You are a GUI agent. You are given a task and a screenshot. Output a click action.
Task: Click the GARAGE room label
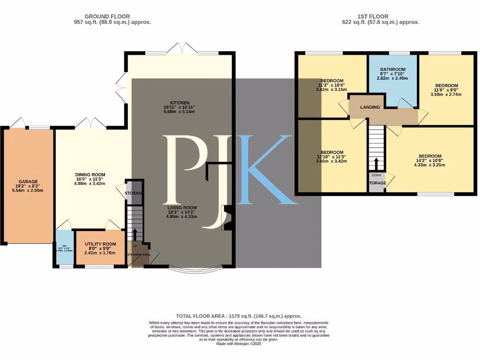tap(28, 181)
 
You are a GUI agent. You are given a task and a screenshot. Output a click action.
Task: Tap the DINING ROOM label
tap(90, 174)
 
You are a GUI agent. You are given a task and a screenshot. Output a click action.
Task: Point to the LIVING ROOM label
tap(182, 207)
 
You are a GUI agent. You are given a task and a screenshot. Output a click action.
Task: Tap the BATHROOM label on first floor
tap(393, 69)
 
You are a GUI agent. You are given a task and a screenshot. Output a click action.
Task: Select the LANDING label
tap(370, 107)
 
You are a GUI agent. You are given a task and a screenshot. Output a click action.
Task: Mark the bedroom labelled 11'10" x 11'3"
tap(332, 152)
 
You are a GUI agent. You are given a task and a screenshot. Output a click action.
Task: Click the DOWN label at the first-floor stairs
tap(376, 175)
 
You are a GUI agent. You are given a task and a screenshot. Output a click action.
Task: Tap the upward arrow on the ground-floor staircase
tap(135, 233)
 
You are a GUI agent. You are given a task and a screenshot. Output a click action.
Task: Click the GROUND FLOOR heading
tap(107, 16)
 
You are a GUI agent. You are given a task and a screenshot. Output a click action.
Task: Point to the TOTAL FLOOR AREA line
tap(239, 316)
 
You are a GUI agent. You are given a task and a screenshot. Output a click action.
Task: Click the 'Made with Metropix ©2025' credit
tap(239, 344)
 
